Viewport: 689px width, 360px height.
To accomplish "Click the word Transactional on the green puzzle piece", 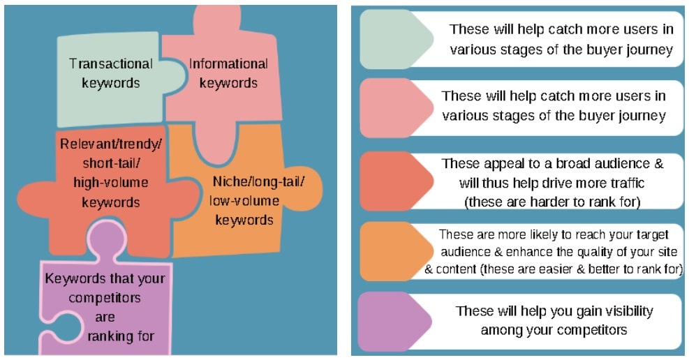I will tap(110, 64).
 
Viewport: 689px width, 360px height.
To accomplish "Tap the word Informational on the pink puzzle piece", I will tap(228, 64).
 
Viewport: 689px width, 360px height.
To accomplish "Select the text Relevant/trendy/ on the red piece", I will tap(111, 145).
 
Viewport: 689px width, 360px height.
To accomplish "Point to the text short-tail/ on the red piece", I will tap(111, 164).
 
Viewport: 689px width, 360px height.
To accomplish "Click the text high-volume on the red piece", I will tap(111, 183).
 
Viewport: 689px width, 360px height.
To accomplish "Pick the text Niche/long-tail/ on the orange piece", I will tap(258, 183).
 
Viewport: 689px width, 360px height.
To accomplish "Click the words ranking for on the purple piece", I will tap(121, 336).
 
